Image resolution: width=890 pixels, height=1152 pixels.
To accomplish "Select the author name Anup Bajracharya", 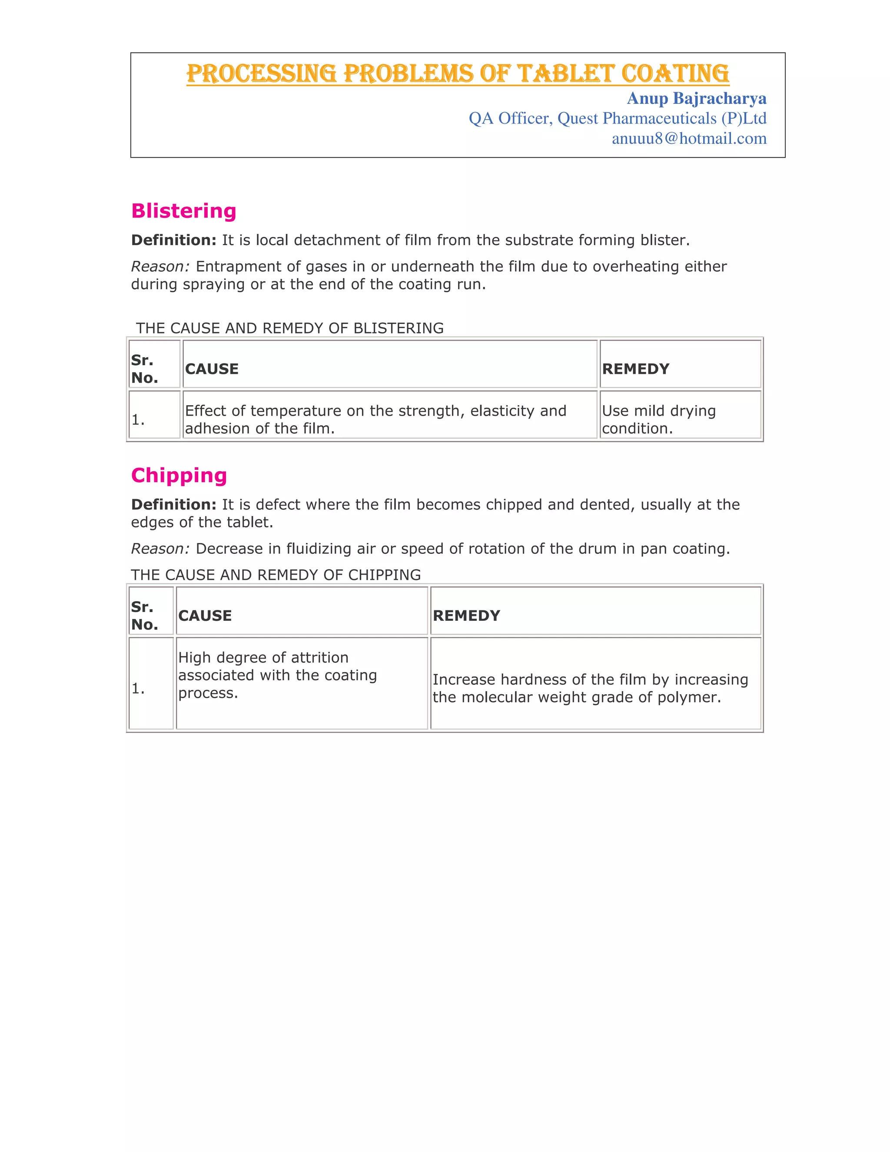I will (x=696, y=99).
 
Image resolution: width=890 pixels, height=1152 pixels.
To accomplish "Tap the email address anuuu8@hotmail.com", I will (x=689, y=139).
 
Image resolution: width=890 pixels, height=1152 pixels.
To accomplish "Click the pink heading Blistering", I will (x=183, y=211).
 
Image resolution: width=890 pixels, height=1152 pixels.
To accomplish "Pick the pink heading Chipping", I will (x=179, y=475).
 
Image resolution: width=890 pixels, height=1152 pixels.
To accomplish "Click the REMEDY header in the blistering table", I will (x=635, y=369).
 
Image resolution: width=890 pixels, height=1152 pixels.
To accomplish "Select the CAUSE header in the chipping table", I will (x=205, y=616).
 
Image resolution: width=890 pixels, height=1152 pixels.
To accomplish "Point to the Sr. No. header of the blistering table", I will (x=144, y=369).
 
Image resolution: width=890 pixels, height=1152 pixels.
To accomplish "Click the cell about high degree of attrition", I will (x=277, y=675).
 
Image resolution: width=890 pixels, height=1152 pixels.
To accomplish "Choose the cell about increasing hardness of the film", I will (x=590, y=688).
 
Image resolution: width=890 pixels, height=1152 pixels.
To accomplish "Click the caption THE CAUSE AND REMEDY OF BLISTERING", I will (x=289, y=328).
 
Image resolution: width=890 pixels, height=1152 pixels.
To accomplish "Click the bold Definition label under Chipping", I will (x=173, y=505).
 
